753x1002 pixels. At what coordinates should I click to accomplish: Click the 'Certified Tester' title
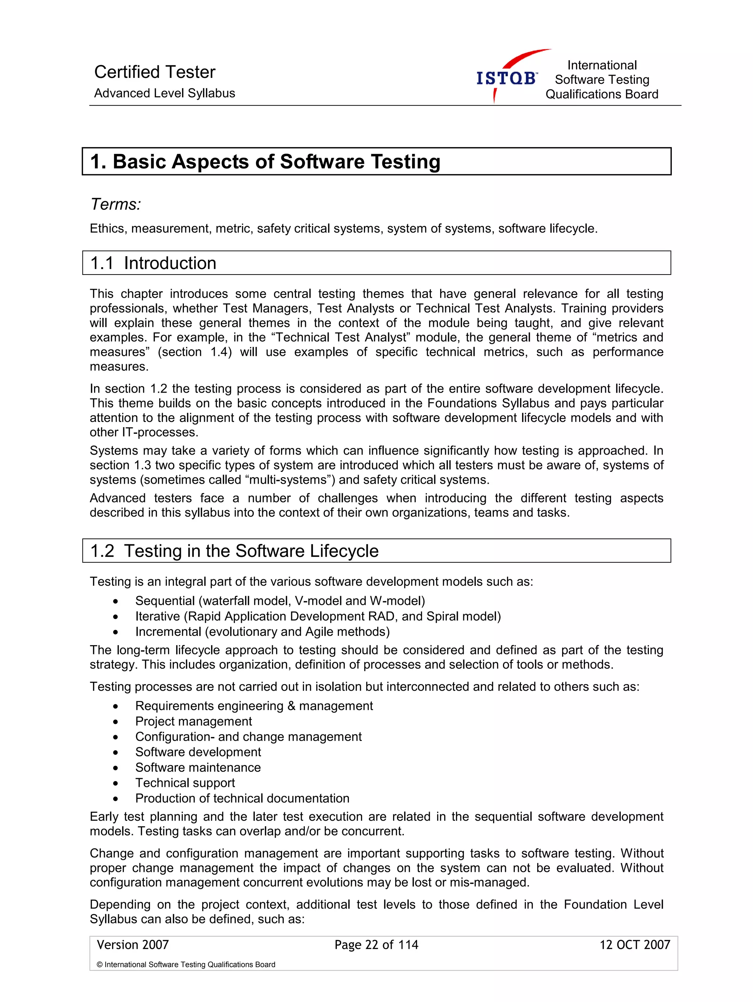pos(154,72)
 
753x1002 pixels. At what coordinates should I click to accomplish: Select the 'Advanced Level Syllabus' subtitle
pos(164,93)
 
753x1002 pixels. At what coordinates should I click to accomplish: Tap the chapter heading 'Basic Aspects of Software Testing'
pos(276,162)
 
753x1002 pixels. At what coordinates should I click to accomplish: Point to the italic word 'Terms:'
pos(115,204)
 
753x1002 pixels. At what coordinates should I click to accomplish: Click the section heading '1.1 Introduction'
pos(153,263)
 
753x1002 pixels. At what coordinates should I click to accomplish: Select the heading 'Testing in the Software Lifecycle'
pos(251,551)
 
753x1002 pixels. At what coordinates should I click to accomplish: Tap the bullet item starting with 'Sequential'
pos(279,601)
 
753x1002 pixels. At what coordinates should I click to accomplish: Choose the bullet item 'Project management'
pos(193,721)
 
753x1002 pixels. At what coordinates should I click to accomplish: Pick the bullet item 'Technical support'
pos(185,783)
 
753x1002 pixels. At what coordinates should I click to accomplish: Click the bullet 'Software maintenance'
pos(198,767)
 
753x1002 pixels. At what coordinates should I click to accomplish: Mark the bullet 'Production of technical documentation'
pos(242,798)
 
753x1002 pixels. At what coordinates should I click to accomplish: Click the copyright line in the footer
pos(186,965)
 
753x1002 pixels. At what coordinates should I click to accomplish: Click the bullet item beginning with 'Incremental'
pos(262,631)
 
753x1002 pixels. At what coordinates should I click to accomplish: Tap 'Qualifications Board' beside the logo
pos(602,94)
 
